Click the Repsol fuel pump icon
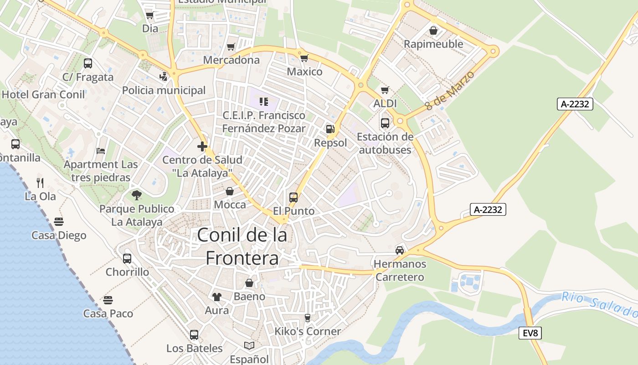[330, 129]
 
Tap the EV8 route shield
[530, 333]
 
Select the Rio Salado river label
[599, 304]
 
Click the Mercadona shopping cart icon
[231, 47]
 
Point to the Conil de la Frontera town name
[242, 246]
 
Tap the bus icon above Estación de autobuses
[385, 123]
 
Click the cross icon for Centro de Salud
[202, 146]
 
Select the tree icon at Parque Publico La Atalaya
[136, 195]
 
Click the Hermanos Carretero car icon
[400, 250]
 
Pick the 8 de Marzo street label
[449, 90]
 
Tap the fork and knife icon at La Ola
[40, 183]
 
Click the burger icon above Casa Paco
[108, 300]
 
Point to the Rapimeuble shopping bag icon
[433, 31]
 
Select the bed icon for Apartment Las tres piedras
[101, 151]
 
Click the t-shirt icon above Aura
[216, 297]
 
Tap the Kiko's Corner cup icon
[307, 318]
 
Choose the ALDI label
[385, 104]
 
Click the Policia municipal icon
[164, 77]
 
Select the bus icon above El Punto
[293, 198]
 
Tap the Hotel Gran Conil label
[43, 94]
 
